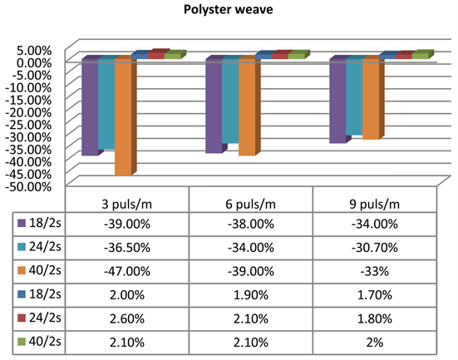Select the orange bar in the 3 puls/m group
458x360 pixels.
pyautogui.click(x=122, y=116)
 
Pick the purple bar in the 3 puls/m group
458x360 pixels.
pyautogui.click(x=90, y=107)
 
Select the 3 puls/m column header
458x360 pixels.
pyautogui.click(x=127, y=205)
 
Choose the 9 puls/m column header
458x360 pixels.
pyautogui.click(x=374, y=205)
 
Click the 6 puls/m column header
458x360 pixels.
pyautogui.click(x=250, y=205)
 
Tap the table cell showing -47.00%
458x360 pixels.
pyautogui.click(x=127, y=271)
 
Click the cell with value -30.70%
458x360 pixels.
pyautogui.click(x=374, y=248)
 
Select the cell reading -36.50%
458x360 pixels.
pyautogui.click(x=127, y=248)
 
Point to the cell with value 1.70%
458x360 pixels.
pyautogui.click(x=374, y=294)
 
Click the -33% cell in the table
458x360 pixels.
pyautogui.click(x=374, y=271)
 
